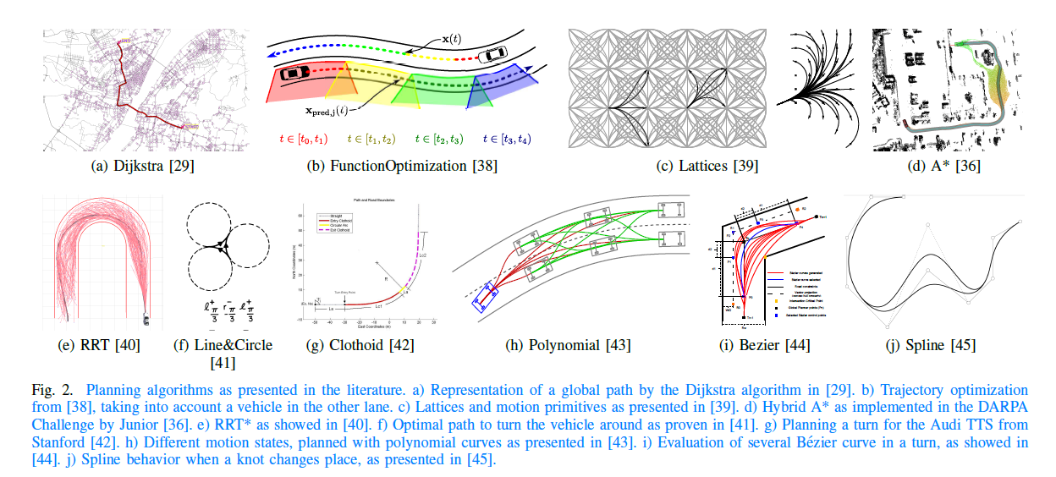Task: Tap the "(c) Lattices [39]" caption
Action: [707, 167]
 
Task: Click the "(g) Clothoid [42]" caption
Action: [355, 344]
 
